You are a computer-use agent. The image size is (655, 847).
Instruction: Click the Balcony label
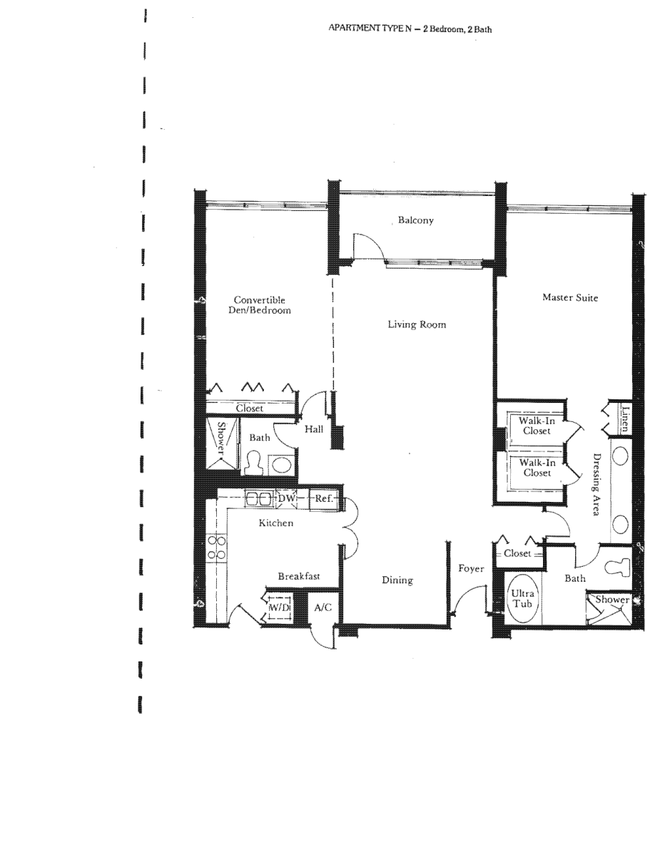pos(415,220)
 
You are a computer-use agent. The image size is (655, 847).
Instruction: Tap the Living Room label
pos(417,324)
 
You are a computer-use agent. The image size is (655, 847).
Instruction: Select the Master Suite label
pos(570,297)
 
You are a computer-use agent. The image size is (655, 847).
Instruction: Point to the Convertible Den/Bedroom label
pos(260,304)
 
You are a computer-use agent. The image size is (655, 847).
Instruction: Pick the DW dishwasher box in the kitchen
pos(286,498)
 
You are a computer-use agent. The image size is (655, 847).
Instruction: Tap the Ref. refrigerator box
pos(324,498)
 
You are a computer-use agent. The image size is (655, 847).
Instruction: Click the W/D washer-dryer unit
pos(280,607)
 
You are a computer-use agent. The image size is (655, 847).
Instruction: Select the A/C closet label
pos(323,607)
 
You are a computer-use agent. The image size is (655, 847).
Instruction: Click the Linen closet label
pos(625,419)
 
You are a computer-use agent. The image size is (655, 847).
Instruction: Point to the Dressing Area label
pos(596,484)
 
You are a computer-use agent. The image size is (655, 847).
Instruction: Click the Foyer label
pos(471,568)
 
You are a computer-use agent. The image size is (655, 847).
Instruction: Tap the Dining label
pos(397,580)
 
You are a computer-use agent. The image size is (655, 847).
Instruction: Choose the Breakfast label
pos(299,576)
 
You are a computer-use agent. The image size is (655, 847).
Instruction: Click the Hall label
pos(314,429)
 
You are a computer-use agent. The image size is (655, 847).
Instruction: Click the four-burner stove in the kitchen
pos(217,548)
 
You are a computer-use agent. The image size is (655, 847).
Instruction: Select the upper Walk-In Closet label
pos(537,426)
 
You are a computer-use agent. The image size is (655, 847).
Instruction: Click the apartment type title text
pos(410,29)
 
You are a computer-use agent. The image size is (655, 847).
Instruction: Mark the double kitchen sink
pos(258,498)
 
